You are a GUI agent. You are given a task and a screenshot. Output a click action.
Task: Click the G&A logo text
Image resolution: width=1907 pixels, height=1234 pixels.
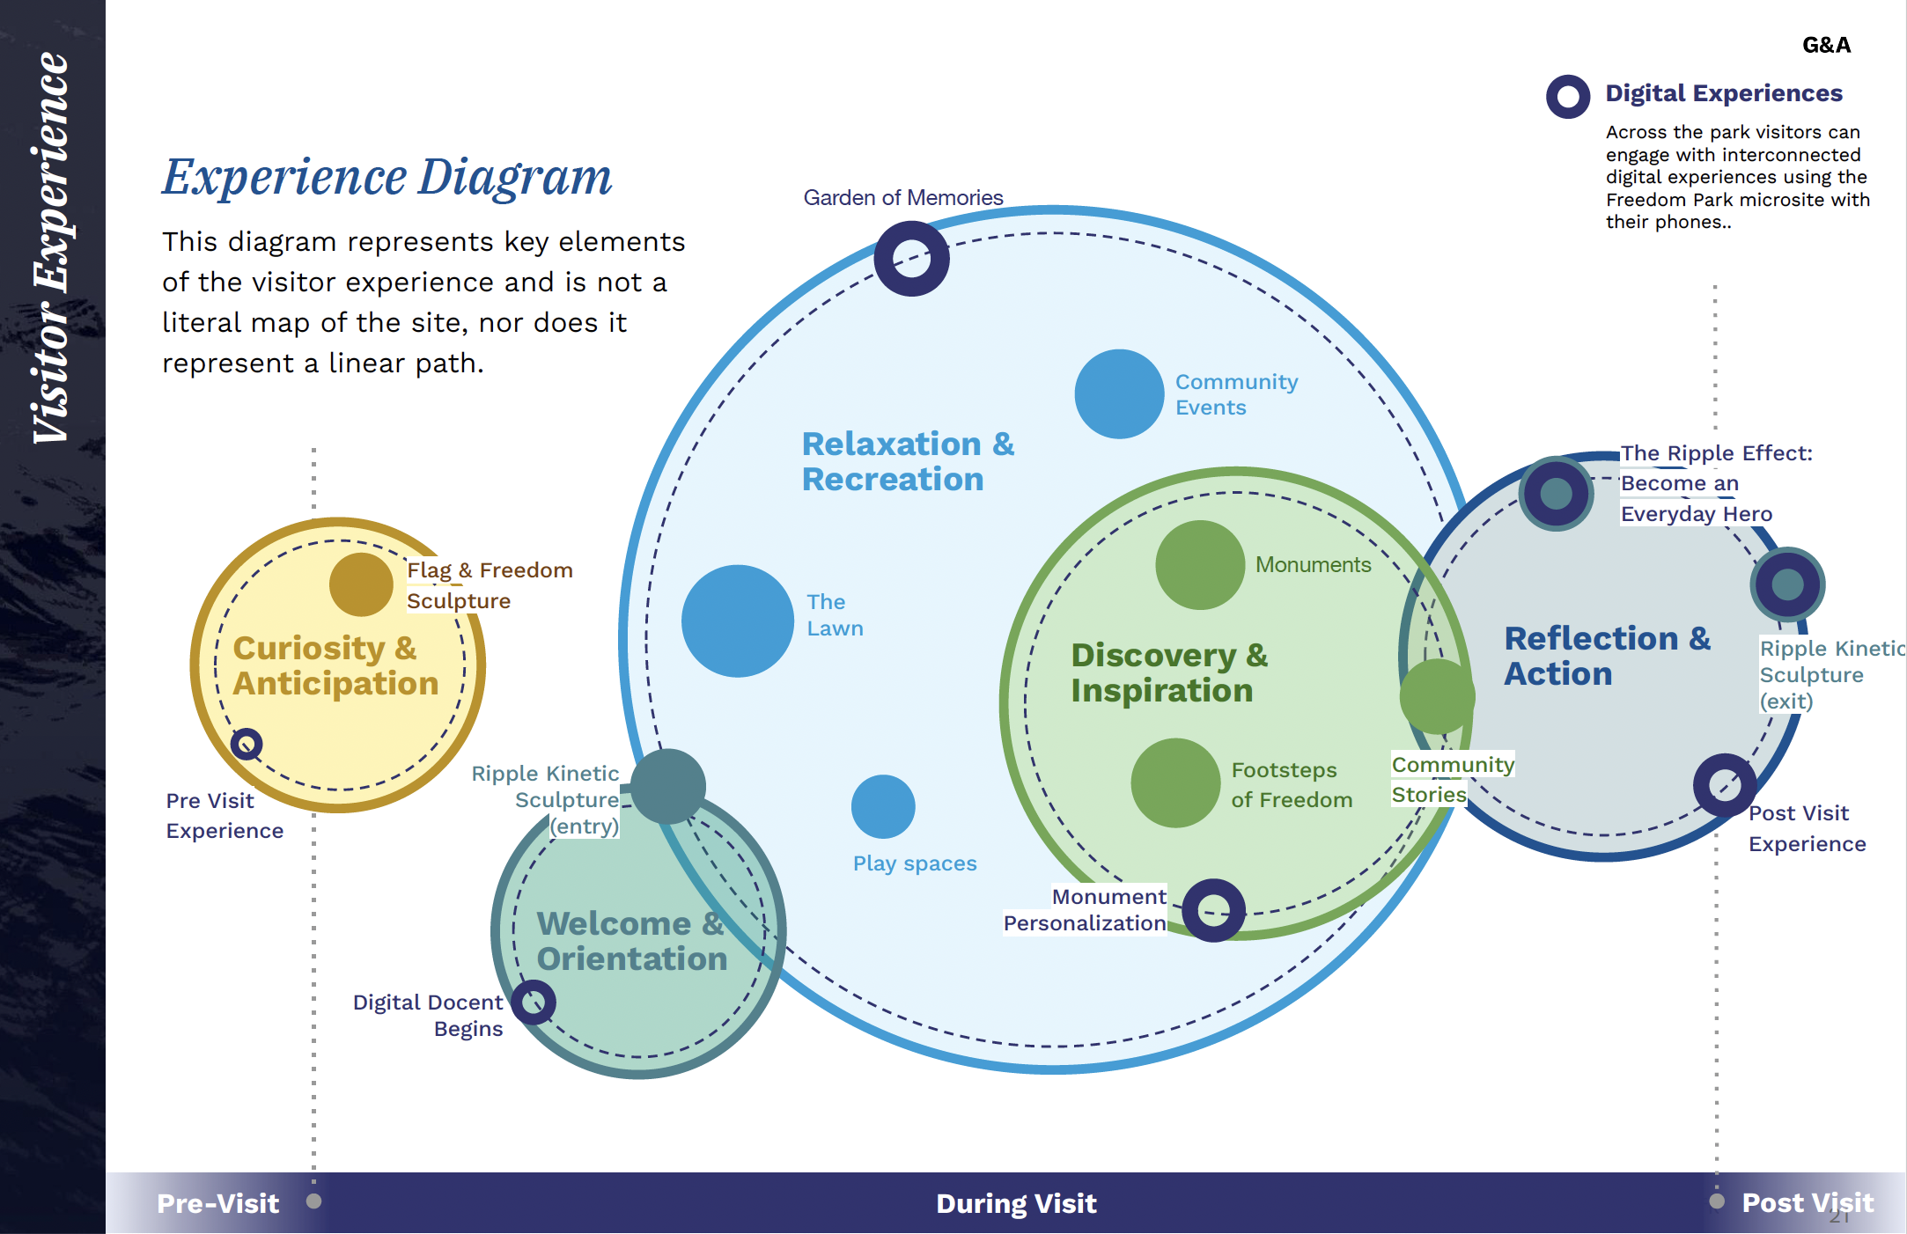coord(1826,45)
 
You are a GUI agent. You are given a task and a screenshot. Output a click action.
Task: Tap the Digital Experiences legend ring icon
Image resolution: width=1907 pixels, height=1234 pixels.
coord(1568,96)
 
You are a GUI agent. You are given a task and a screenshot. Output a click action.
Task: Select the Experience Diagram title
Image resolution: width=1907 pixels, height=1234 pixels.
coord(387,177)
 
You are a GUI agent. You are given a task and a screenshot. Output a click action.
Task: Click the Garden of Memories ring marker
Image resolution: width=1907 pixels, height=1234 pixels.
coord(911,259)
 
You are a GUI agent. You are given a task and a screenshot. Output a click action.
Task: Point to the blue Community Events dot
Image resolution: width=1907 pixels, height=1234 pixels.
coord(1119,393)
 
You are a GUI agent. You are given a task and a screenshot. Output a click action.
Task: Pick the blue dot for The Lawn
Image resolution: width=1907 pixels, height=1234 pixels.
coord(738,621)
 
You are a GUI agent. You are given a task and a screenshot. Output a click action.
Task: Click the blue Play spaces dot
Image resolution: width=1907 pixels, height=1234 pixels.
coord(883,806)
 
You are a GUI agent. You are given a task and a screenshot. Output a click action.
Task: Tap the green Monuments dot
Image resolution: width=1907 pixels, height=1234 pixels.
coord(1199,565)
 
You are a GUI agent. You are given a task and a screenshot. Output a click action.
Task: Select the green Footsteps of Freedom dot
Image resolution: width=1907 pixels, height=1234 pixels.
coord(1175,782)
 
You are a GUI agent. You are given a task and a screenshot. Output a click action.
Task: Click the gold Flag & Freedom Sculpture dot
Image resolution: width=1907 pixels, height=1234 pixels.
coord(361,584)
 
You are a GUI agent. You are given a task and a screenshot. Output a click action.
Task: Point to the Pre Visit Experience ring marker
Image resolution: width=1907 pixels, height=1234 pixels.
coord(247,744)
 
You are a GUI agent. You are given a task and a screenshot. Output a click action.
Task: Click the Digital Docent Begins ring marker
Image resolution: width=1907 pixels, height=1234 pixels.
coord(534,1003)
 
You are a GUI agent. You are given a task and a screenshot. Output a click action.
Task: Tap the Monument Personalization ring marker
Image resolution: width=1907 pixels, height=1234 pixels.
coord(1213,910)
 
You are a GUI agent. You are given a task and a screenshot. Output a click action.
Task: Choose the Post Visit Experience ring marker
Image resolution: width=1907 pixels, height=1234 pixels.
coord(1725,784)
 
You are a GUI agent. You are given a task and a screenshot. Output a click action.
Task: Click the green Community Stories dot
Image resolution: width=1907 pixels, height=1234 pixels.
coord(1437,696)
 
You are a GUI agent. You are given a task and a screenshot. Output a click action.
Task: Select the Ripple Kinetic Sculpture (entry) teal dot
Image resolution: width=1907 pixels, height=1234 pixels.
coord(668,786)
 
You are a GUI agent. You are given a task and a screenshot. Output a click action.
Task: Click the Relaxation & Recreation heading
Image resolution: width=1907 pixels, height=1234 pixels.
coord(908,461)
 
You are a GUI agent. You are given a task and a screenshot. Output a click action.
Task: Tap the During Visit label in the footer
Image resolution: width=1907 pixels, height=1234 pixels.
coord(1016,1203)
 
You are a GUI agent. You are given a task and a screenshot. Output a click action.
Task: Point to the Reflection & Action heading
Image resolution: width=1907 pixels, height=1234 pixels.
coord(1607,656)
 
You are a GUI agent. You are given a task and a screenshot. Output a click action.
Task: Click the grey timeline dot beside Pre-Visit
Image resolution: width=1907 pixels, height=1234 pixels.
coord(313,1201)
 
